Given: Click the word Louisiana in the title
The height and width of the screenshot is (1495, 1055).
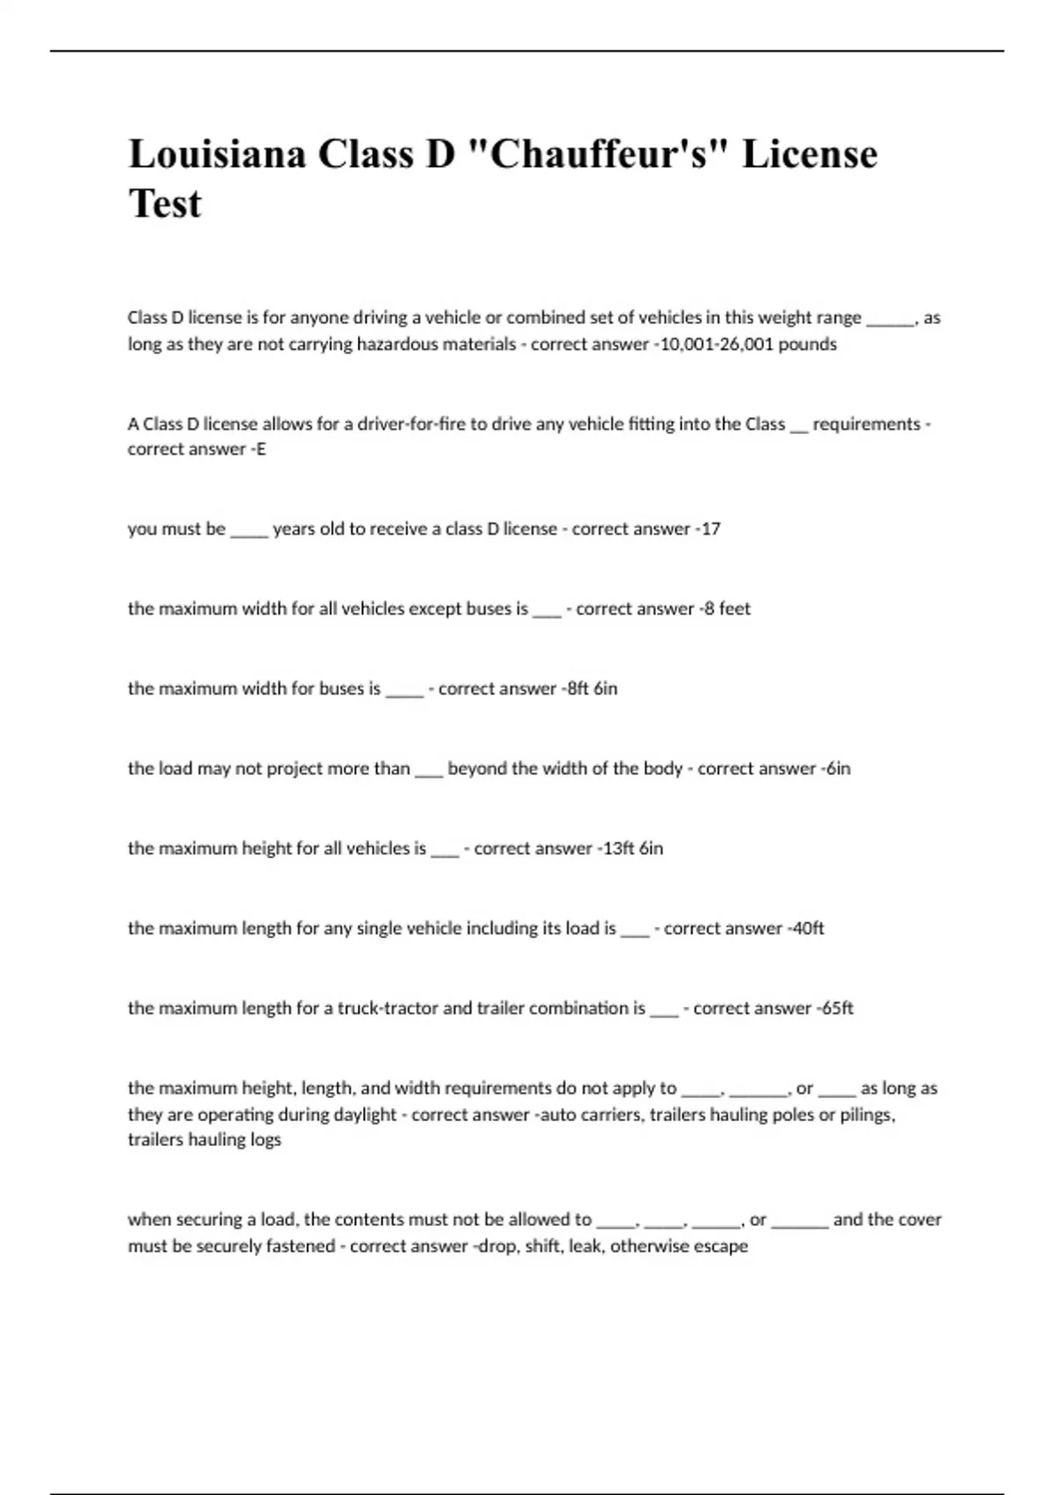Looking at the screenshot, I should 217,154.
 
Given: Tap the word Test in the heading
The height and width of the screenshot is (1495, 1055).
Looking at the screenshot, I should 165,204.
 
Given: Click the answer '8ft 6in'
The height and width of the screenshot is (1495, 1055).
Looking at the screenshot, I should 593,689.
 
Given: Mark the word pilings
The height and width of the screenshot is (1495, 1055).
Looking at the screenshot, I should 866,1115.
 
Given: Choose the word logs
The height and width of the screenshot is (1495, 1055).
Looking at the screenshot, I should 265,1140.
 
